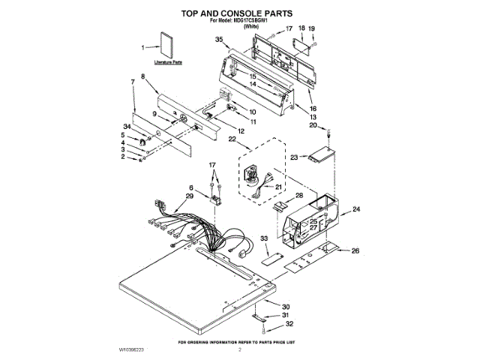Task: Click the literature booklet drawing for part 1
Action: coord(166,47)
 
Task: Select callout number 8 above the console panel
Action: coord(143,76)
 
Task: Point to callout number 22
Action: coord(232,139)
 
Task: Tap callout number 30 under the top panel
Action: coord(286,307)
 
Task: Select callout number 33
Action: coord(264,238)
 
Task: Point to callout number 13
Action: coord(313,118)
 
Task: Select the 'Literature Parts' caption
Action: coord(168,64)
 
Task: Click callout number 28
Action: coord(299,195)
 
